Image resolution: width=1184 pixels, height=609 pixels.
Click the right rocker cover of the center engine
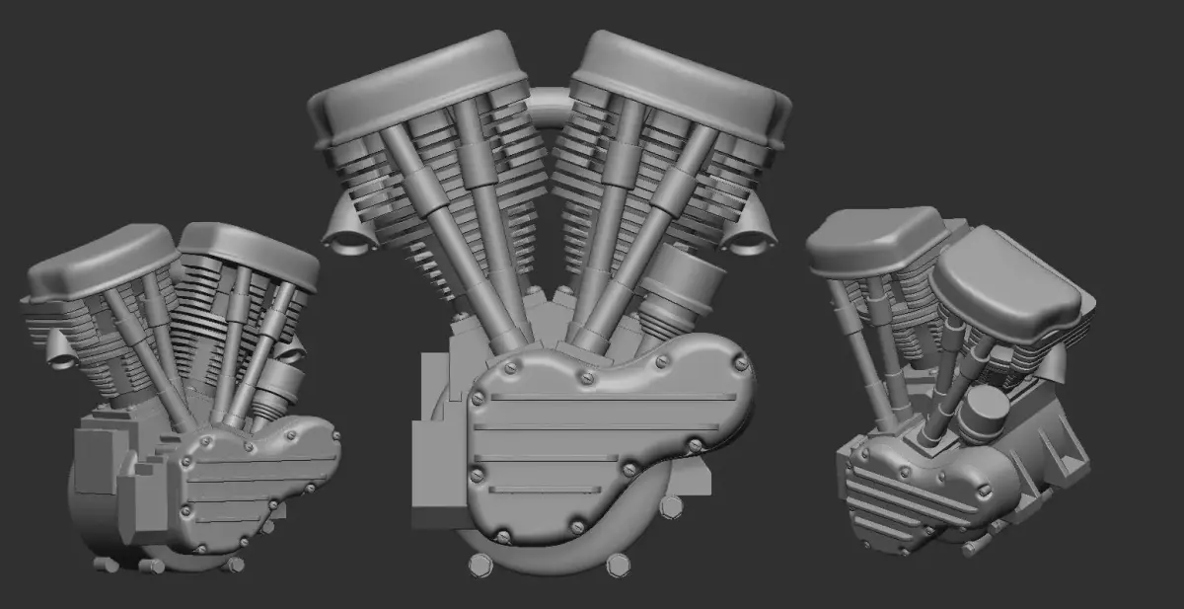tap(681, 74)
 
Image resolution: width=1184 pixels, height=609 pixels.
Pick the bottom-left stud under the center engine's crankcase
tap(481, 564)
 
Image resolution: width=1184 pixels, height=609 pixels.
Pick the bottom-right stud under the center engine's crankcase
tap(618, 565)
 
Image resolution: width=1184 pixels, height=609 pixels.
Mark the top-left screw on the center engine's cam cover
tap(512, 369)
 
